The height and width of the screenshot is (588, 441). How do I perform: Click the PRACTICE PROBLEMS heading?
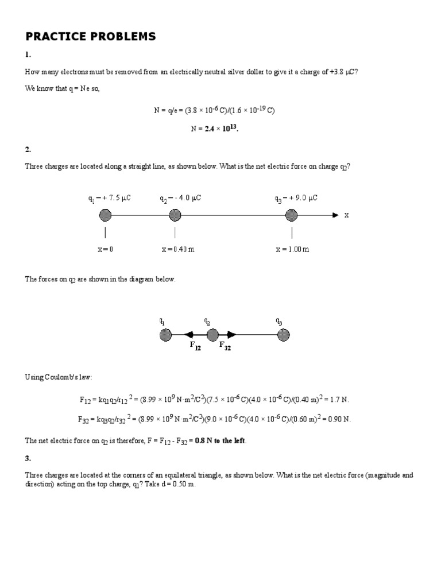[90, 37]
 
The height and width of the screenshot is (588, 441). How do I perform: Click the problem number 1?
[28, 55]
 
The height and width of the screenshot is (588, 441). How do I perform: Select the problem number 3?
[28, 458]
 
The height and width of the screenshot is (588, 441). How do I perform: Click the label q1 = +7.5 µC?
[110, 198]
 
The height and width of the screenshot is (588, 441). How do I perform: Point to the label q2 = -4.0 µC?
[180, 198]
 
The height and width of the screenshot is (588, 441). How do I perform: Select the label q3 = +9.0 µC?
[296, 198]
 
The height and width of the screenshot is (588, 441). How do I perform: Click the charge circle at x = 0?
[105, 215]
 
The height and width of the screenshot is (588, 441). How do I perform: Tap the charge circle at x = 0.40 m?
[175, 215]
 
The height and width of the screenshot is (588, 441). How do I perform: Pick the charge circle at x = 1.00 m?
[292, 215]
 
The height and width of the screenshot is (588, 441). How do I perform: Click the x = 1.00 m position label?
[292, 249]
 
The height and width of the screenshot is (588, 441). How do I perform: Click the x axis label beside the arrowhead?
[346, 215]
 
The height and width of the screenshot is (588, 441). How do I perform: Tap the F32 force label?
[225, 346]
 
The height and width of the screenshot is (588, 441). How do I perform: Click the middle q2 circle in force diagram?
[212, 335]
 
